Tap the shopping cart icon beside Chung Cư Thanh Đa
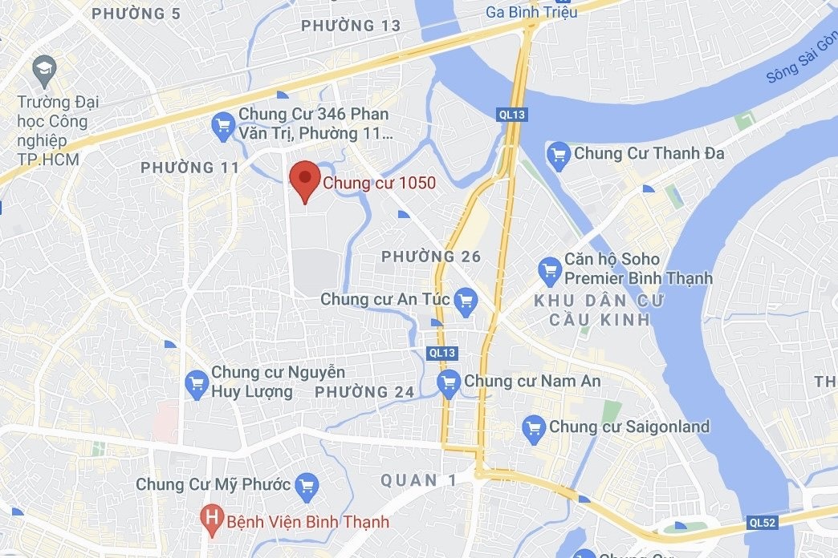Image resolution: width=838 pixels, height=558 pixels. [558, 153]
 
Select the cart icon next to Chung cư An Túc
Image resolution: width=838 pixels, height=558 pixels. [465, 301]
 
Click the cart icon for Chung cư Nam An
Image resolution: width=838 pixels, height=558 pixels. [449, 382]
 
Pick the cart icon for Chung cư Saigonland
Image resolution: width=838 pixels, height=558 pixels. [534, 427]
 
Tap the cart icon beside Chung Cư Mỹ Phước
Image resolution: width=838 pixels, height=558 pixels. [307, 485]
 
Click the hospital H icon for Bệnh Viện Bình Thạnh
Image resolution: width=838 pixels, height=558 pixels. [212, 522]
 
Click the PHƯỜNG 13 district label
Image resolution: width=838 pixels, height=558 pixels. [351, 26]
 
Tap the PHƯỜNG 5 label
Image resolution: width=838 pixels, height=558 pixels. [136, 13]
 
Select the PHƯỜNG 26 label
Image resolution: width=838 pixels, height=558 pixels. [431, 257]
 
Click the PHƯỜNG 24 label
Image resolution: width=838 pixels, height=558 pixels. [364, 392]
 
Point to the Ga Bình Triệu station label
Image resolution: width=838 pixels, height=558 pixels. [531, 11]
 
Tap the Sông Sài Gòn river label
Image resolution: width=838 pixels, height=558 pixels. [799, 60]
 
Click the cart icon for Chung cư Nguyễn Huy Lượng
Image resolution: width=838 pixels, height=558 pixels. [197, 383]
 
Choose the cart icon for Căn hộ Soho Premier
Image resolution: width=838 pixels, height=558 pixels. [550, 269]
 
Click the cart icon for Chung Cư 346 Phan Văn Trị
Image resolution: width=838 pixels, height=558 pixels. [222, 124]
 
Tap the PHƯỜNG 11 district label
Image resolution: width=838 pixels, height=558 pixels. [190, 168]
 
